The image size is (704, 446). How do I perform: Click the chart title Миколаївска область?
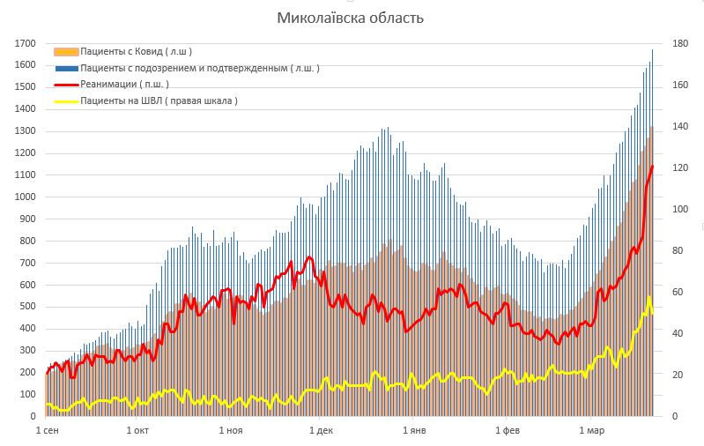[x=352, y=18]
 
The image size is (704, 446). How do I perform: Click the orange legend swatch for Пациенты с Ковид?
[x=66, y=52]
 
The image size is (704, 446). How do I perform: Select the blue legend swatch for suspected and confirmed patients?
[x=66, y=68]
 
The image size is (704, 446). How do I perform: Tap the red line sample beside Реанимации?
[x=66, y=85]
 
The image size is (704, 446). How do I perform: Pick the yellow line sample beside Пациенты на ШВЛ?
[x=66, y=101]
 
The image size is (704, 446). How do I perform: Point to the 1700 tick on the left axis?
[x=26, y=43]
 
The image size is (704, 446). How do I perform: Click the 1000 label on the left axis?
[x=26, y=197]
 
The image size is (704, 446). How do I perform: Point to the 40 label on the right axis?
[x=677, y=333]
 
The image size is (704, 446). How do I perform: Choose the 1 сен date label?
[x=48, y=431]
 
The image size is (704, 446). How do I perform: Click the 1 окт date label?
[x=139, y=431]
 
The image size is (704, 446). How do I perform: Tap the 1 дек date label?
[x=321, y=431]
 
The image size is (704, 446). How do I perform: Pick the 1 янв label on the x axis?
[x=414, y=431]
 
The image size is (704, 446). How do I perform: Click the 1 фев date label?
[x=508, y=431]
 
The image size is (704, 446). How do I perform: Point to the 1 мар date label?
[x=591, y=431]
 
